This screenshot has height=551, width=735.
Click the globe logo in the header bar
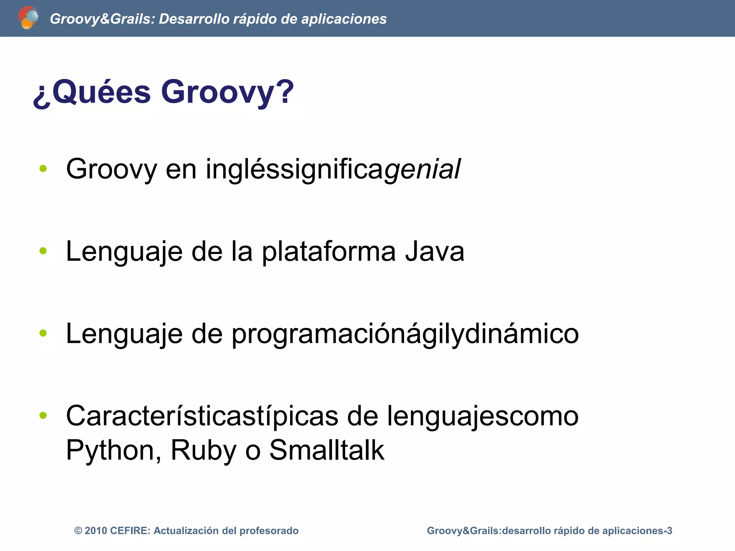(x=28, y=18)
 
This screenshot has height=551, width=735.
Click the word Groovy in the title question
(x=227, y=92)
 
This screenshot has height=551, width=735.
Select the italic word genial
(x=422, y=169)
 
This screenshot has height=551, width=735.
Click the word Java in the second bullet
(x=435, y=251)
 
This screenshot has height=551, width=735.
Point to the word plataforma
(x=328, y=251)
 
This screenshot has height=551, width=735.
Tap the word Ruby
(x=203, y=450)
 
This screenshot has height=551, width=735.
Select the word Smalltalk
(x=327, y=450)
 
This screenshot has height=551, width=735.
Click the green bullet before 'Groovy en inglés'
(x=43, y=168)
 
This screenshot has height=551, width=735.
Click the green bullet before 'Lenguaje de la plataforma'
(x=43, y=251)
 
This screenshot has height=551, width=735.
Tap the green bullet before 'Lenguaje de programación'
(x=43, y=333)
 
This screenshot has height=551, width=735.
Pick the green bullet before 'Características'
(x=43, y=415)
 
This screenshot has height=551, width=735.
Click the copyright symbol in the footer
(x=78, y=531)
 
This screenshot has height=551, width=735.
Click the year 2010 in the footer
(x=96, y=531)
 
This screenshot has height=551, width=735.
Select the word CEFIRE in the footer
(x=130, y=531)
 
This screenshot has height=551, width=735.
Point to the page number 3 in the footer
(x=669, y=531)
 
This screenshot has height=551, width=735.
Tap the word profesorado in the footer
(x=269, y=531)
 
